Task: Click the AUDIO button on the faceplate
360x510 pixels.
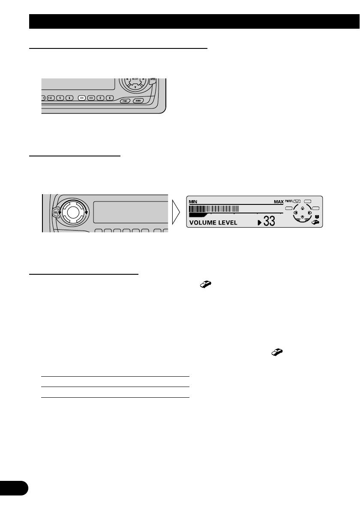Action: [x=138, y=101]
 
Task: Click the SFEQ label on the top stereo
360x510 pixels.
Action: [x=153, y=80]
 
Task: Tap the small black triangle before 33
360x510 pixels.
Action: [x=259, y=222]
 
